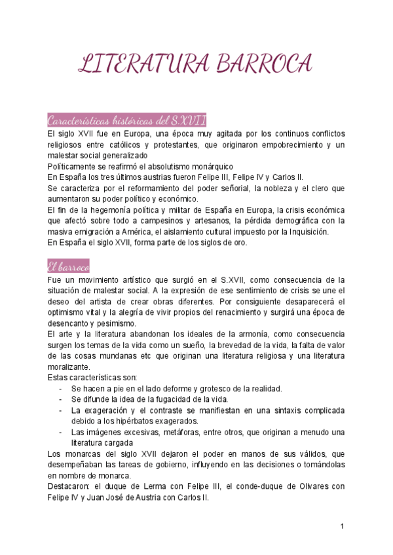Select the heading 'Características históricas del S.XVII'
pos(127,120)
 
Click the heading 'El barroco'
pos(68,266)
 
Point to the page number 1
pos(342,526)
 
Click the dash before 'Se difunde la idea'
pos(60,400)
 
